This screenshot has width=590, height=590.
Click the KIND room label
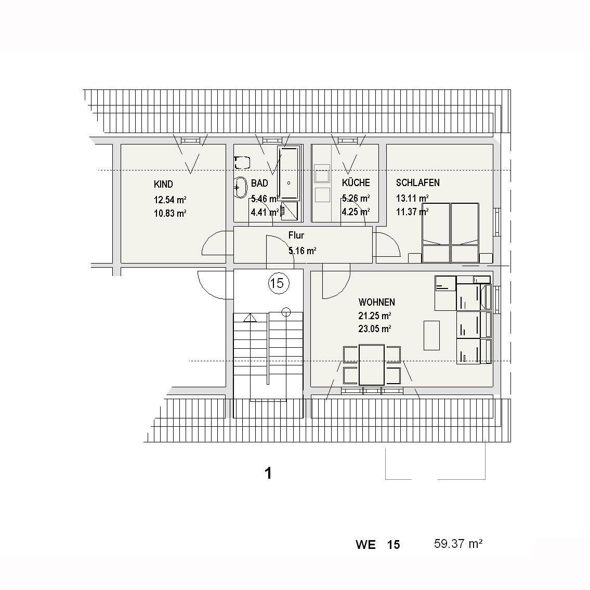click(163, 185)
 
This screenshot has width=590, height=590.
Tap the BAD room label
click(259, 183)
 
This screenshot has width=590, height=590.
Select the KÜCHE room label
click(356, 182)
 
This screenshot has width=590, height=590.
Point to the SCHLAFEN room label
click(417, 182)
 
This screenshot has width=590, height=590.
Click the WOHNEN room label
click(377, 302)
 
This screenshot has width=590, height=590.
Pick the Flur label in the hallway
click(296, 235)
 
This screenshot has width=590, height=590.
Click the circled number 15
click(279, 283)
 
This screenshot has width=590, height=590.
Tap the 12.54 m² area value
click(170, 200)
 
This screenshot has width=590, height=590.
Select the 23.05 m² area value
click(375, 329)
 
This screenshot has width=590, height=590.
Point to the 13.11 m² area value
click(412, 198)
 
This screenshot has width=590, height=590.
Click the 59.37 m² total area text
click(458, 544)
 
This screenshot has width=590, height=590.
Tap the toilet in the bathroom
click(242, 163)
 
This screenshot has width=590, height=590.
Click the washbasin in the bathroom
click(240, 187)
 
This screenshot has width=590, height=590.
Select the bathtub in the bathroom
click(289, 173)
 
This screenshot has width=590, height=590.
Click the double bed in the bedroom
click(451, 232)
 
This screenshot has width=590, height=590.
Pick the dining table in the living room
click(372, 365)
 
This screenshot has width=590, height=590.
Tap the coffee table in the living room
click(431, 336)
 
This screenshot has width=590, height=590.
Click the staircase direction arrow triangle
click(250, 318)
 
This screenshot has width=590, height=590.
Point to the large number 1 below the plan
click(268, 474)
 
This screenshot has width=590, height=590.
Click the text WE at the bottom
click(365, 545)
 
